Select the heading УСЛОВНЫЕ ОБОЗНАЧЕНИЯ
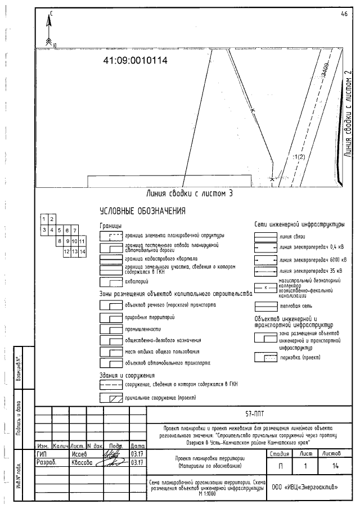pyautogui.click(x=142, y=211)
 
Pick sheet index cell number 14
pyautogui.click(x=82, y=251)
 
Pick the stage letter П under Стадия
pyautogui.click(x=280, y=466)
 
